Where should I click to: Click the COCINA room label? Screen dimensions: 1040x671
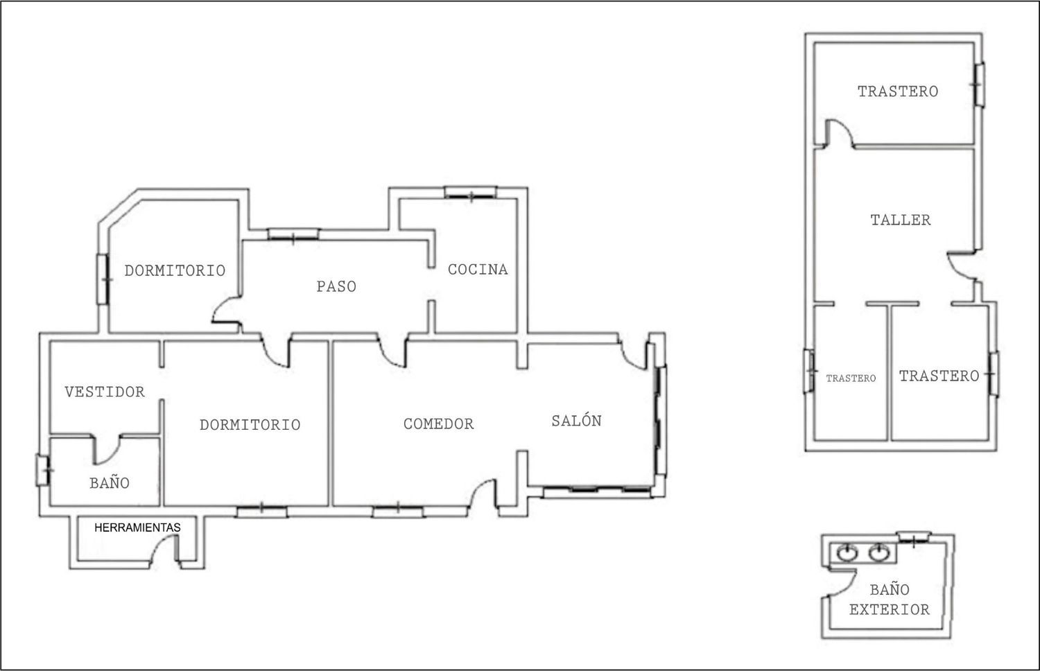[x=478, y=270]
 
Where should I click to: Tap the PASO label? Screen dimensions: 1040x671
[x=336, y=287]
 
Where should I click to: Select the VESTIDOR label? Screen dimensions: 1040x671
[x=105, y=392]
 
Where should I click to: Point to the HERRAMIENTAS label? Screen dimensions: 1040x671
[x=137, y=528]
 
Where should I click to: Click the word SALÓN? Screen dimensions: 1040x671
[x=577, y=421]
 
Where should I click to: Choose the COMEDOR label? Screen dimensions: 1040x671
[x=439, y=424]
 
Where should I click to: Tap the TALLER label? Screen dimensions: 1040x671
[x=901, y=220]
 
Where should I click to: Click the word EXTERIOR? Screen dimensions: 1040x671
[x=890, y=610]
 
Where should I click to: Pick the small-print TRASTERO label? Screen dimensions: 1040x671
[x=851, y=378]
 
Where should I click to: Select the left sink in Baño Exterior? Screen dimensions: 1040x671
[x=847, y=552]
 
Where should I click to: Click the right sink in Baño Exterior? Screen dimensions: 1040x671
[x=879, y=552]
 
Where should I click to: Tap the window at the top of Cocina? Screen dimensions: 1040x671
[x=471, y=193]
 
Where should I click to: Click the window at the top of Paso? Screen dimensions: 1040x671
[x=293, y=234]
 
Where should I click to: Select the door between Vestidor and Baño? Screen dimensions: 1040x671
[x=107, y=450]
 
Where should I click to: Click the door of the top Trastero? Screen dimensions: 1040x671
[x=838, y=133]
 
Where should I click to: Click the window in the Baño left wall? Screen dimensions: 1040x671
[x=43, y=471]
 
